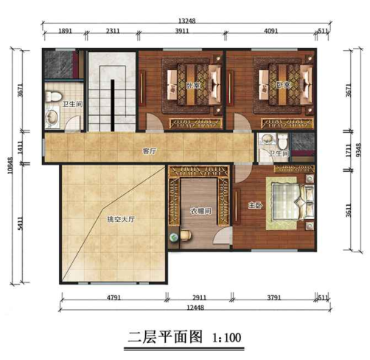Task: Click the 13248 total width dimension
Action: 186,21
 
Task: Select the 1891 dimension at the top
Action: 66,32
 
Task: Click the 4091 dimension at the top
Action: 271,32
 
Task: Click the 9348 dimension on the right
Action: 358,150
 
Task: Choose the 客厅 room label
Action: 150,150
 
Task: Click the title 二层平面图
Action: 160,338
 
